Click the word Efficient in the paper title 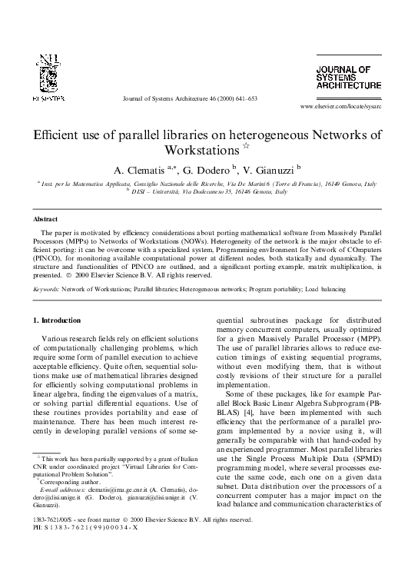tap(55, 134)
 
